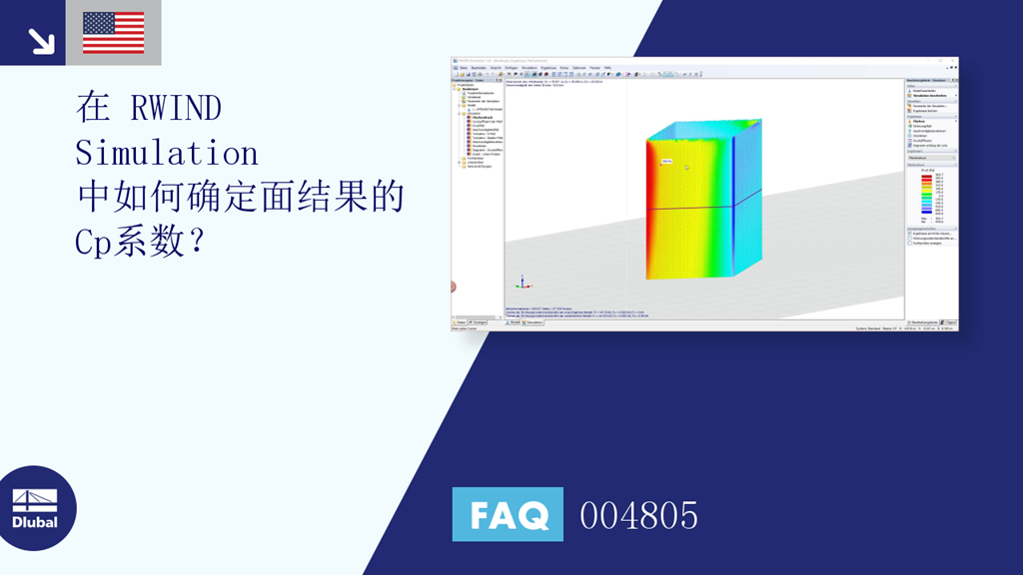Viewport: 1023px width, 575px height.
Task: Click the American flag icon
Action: pyautogui.click(x=113, y=32)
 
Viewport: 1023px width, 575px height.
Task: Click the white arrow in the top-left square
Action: pyautogui.click(x=41, y=40)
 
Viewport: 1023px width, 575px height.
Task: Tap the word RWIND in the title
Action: pyautogui.click(x=176, y=109)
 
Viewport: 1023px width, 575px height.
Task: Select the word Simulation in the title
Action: pyautogui.click(x=167, y=154)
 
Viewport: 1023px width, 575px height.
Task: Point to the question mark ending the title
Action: pyautogui.click(x=194, y=243)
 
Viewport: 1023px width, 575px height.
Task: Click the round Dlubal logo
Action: pyautogui.click(x=38, y=508)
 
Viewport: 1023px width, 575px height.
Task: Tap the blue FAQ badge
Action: pyautogui.click(x=508, y=515)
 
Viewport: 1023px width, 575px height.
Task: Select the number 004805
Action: pyautogui.click(x=638, y=515)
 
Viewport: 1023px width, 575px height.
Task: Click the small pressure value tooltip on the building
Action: pyautogui.click(x=666, y=161)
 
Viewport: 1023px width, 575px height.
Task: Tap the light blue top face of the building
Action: pyautogui.click(x=704, y=130)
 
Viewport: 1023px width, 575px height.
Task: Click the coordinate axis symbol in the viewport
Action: pyautogui.click(x=518, y=284)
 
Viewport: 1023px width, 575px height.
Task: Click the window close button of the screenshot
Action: pyautogui.click(x=954, y=62)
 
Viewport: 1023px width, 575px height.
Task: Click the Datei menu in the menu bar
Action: pyautogui.click(x=463, y=68)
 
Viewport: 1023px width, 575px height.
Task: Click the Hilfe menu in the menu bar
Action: pyautogui.click(x=607, y=68)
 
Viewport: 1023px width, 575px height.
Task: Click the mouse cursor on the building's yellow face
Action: pyautogui.click(x=686, y=168)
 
